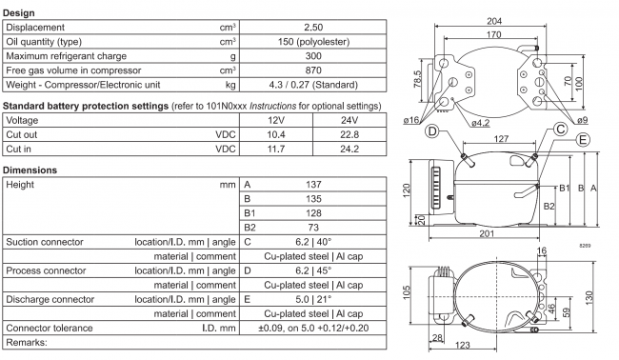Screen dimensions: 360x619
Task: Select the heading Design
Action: point(20,13)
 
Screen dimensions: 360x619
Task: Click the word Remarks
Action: point(28,341)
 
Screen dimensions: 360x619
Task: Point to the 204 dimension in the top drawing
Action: point(495,22)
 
